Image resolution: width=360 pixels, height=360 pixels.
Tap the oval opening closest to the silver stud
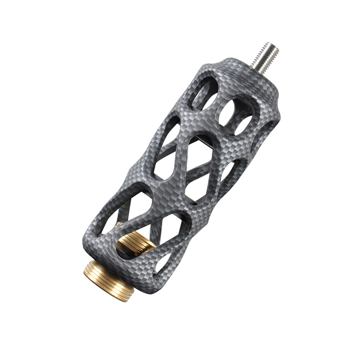click(204, 93)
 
